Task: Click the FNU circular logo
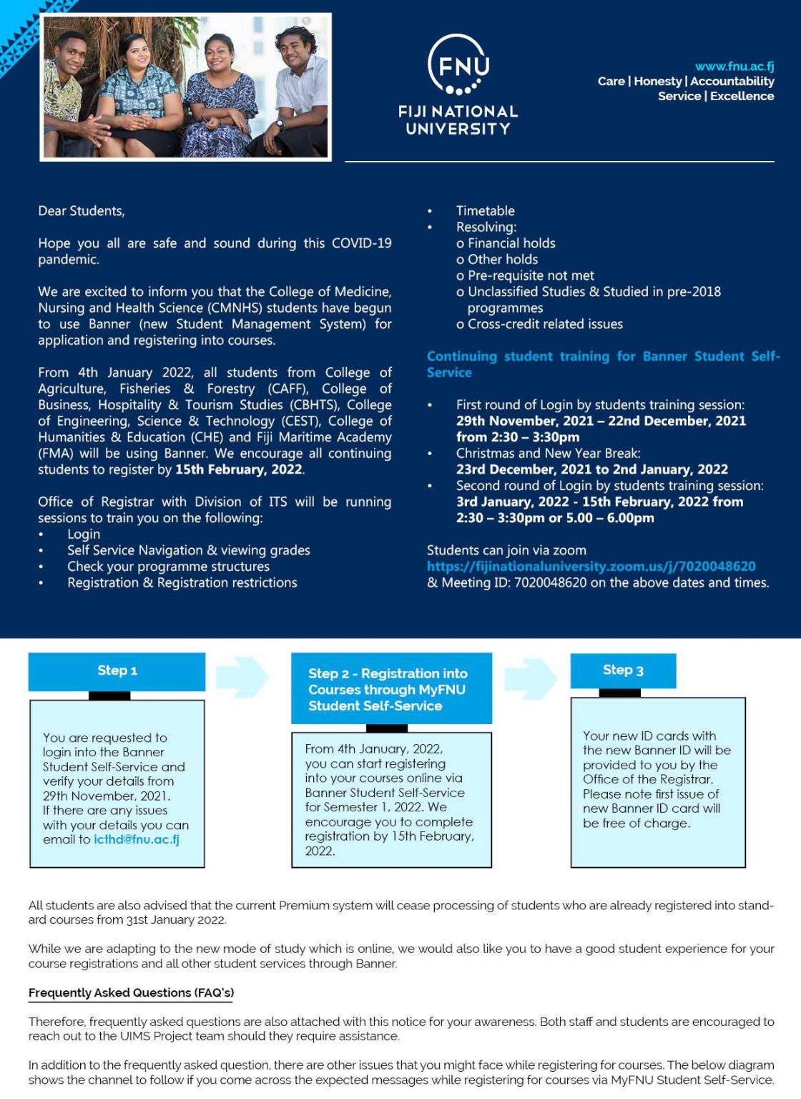(458, 65)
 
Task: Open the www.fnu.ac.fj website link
(734, 67)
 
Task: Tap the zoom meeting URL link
(591, 567)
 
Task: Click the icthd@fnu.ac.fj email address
(137, 839)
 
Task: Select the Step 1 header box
(117, 671)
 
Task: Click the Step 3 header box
(622, 670)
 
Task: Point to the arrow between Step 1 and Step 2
(242, 677)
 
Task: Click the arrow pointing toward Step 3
(530, 678)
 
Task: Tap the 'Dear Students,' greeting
(82, 211)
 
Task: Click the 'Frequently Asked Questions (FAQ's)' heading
(131, 993)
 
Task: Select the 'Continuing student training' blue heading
(603, 363)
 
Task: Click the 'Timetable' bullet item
(485, 211)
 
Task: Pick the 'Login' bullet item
(84, 534)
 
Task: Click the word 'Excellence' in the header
(742, 97)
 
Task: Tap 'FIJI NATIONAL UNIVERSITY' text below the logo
(458, 120)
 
